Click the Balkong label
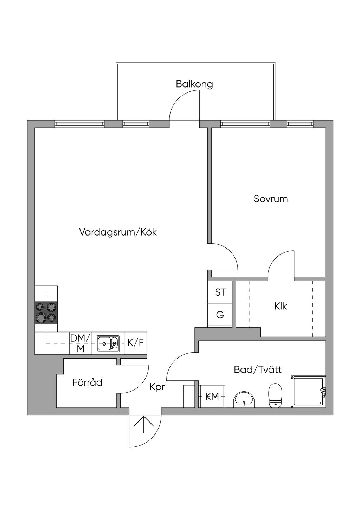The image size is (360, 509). [194, 84]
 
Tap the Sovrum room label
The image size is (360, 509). [271, 199]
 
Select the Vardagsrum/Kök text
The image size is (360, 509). [118, 232]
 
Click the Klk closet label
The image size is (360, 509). [281, 306]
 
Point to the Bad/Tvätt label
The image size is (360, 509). [258, 370]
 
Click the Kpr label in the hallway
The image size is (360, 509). [157, 387]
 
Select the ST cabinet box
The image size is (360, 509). [220, 292]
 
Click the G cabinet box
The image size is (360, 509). [220, 315]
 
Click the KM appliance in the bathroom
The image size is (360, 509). [212, 397]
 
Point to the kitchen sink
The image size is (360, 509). [108, 343]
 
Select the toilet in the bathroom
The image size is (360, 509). [275, 395]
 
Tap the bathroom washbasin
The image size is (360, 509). [244, 399]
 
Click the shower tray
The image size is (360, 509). [308, 391]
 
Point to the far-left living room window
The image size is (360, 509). [79, 124]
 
